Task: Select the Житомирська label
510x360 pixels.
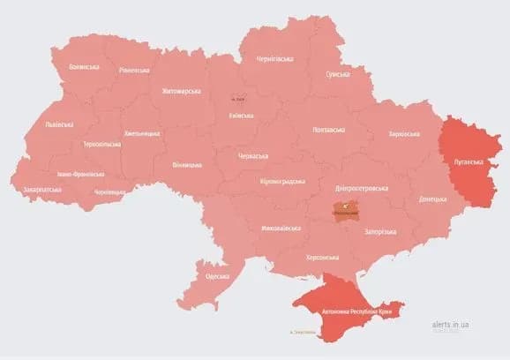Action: pos(182,91)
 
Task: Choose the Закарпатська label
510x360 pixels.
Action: pos(42,189)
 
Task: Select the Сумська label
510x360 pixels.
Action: pos(339,76)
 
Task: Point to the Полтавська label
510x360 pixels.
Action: pos(329,130)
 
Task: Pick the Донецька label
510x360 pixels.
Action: pos(433,199)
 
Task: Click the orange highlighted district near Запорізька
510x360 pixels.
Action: pos(345,211)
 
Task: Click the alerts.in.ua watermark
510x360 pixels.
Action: pos(451,325)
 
